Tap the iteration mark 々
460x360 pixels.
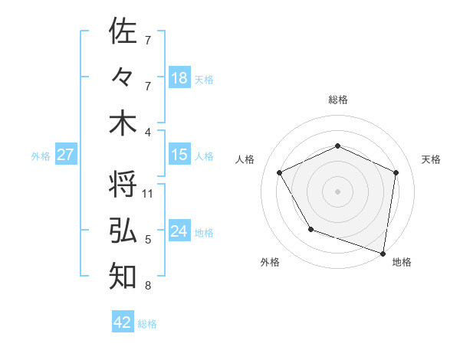(x=123, y=78)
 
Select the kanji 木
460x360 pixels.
(x=123, y=124)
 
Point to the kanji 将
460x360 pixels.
(x=123, y=185)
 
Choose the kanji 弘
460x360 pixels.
(x=123, y=231)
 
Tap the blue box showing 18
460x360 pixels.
(x=179, y=78)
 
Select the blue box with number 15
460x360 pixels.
(x=179, y=155)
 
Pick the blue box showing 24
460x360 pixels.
(x=179, y=231)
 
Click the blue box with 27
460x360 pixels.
(x=66, y=155)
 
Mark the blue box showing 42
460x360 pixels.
(x=123, y=322)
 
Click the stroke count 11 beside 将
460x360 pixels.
(x=149, y=194)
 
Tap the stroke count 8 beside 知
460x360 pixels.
(x=148, y=286)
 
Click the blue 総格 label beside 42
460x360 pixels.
(x=147, y=324)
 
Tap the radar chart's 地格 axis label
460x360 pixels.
(x=402, y=262)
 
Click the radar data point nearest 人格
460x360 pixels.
(x=280, y=172)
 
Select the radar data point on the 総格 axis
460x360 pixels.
(x=338, y=146)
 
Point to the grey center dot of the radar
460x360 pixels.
(x=338, y=191)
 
